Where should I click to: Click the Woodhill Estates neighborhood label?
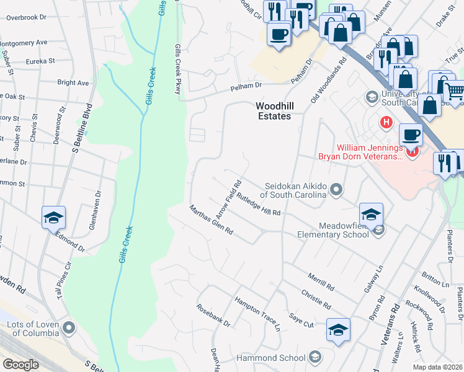tap(274, 110)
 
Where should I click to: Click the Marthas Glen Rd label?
tap(211, 219)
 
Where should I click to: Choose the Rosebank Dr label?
tap(213, 316)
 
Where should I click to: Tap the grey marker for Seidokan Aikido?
tap(336, 188)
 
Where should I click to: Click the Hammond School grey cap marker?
tap(315, 357)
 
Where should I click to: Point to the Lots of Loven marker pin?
tap(68, 327)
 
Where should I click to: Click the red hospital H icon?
tap(388, 123)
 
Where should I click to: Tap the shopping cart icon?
tap(455, 92)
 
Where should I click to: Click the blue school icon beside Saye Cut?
tap(338, 330)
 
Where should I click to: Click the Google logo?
tap(21, 364)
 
